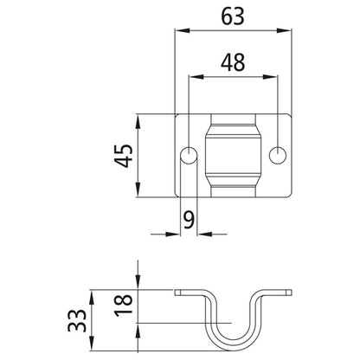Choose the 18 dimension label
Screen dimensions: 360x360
(x=125, y=303)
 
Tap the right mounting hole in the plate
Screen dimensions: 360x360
(x=278, y=156)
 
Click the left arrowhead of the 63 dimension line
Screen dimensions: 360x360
(x=179, y=32)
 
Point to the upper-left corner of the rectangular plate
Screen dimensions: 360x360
(x=176, y=114)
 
